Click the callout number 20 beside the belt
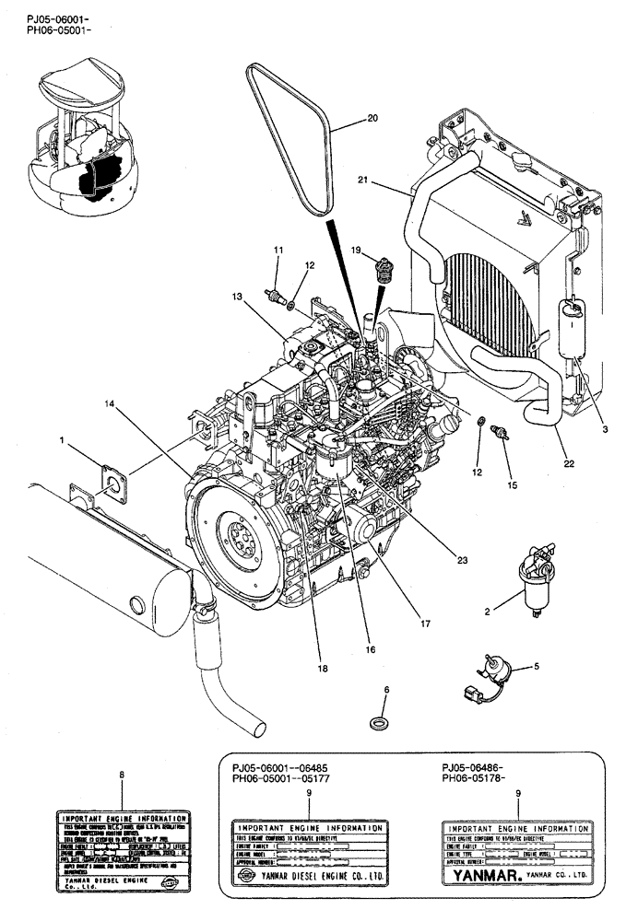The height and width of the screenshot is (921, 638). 372,118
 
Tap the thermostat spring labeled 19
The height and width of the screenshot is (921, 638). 378,272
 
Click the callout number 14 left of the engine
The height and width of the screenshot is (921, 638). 111,404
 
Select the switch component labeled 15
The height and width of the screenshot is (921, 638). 502,434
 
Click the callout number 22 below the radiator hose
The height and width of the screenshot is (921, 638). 569,462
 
